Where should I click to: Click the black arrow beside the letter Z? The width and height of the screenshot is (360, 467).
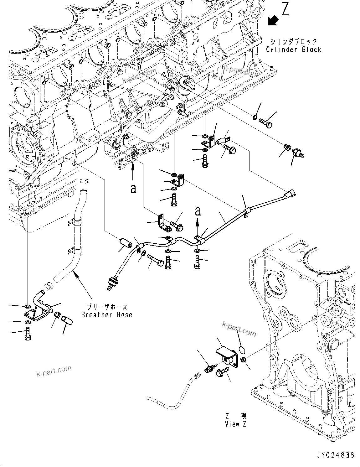click(x=273, y=21)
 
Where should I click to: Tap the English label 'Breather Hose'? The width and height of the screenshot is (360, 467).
click(x=106, y=315)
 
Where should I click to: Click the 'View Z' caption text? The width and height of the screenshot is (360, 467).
click(x=236, y=424)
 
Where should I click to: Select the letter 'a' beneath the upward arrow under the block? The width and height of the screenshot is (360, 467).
click(x=133, y=189)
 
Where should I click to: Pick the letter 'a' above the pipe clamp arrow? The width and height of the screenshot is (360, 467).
click(x=198, y=211)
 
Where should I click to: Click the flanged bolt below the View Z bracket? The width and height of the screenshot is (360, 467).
click(x=222, y=373)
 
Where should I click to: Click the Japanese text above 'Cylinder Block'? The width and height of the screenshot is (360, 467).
click(x=289, y=42)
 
